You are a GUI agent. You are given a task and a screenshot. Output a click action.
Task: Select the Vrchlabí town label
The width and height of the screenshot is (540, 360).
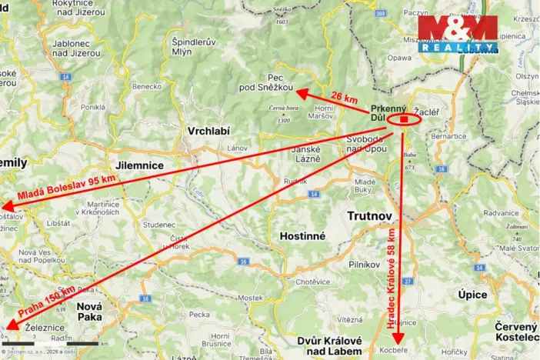[208, 132]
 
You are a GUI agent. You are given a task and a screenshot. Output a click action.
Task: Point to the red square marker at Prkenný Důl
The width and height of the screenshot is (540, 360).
[404, 120]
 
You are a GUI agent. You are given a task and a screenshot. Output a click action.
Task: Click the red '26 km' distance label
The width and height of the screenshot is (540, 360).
[345, 98]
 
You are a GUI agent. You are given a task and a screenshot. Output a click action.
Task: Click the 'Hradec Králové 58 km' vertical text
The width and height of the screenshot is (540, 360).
[392, 281]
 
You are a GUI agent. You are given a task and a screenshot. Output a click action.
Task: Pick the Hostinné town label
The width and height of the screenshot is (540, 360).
[302, 236]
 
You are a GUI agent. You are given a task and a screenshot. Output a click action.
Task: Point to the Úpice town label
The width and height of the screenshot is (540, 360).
[472, 295]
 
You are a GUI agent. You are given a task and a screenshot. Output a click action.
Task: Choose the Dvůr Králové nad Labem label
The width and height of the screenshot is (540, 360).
[328, 345]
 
